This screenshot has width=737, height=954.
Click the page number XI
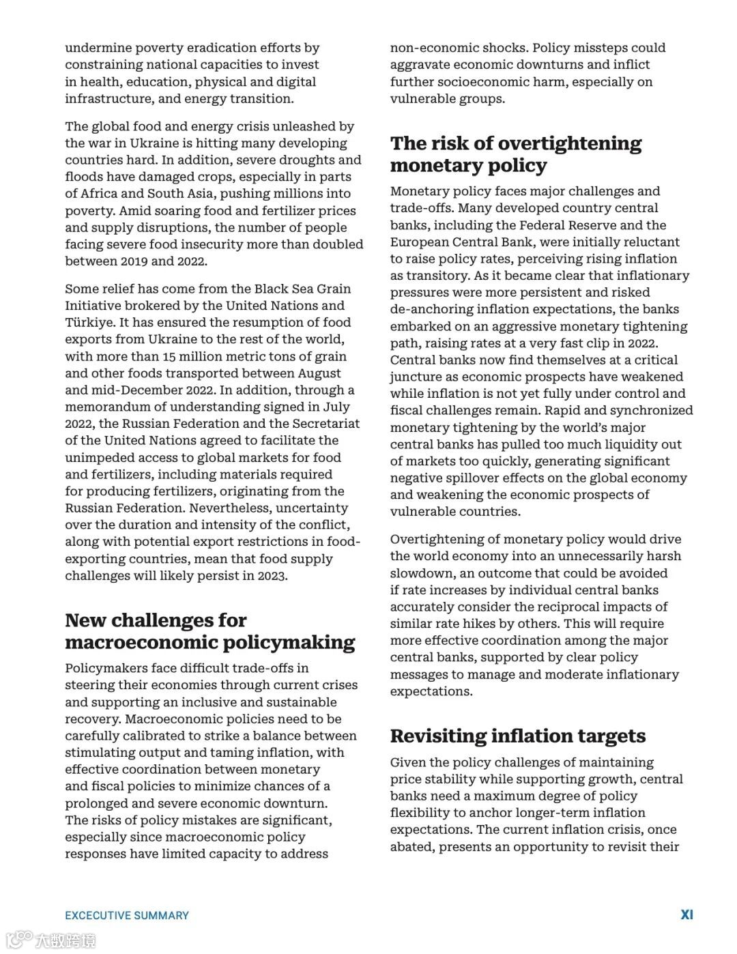tap(687, 914)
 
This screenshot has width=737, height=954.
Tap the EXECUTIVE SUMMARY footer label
tap(127, 915)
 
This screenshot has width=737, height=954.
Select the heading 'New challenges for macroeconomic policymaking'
tap(210, 631)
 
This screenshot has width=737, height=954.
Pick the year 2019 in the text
tap(134, 261)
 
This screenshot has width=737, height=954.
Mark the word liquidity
tap(611, 444)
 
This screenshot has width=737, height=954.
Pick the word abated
tap(411, 847)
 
